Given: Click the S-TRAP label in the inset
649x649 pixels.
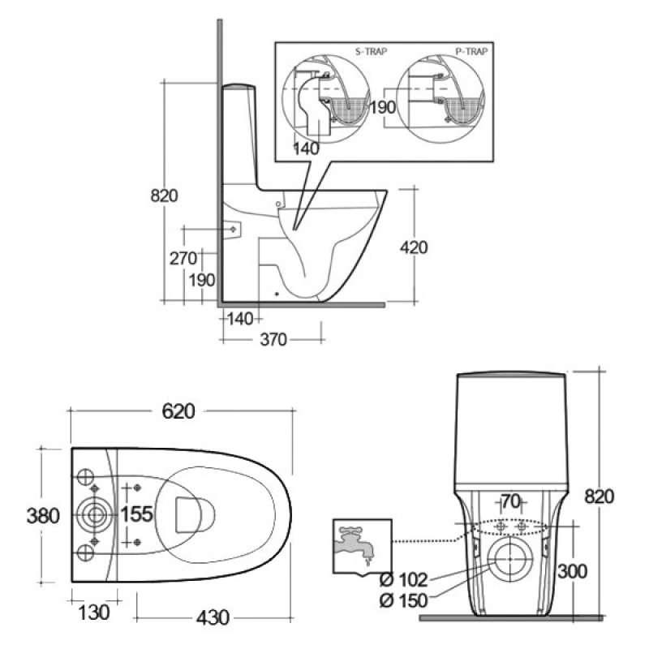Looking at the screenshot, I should tap(372, 50).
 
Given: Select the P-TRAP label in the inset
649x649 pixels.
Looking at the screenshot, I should tap(471, 50).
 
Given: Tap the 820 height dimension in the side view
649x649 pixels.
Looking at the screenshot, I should tap(165, 196).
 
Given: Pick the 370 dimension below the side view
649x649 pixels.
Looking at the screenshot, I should tap(273, 340).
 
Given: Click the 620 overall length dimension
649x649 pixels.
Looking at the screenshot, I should tap(178, 411).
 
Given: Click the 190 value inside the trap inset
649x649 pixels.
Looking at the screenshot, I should tap(383, 107).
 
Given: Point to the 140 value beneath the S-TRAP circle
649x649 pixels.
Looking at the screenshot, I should tap(307, 148).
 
